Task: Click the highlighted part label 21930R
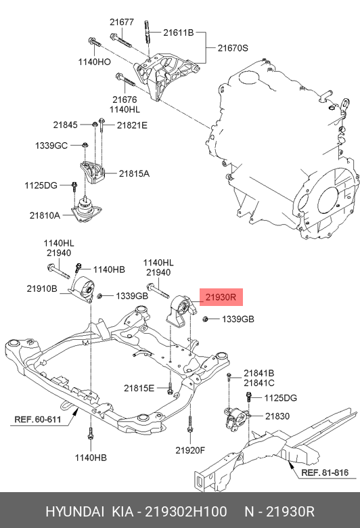coord(221,297)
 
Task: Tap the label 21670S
coord(233,48)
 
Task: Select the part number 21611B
coord(179,32)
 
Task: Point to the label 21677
coord(122,22)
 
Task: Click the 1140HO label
coord(94,62)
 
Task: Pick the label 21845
coord(66,125)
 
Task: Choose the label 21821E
coord(132,125)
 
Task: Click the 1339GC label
coord(51,146)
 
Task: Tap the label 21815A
coord(134,173)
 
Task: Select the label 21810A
coord(45,215)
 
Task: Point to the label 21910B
coord(42,288)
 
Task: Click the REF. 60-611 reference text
coord(38,419)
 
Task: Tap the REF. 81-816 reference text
coord(325,472)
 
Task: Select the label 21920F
coord(190,450)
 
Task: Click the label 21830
coord(277,416)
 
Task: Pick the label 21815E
coord(139,389)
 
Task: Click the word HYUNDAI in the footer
coord(74,512)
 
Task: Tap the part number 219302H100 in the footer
coord(186,512)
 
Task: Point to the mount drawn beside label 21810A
coord(87,211)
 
